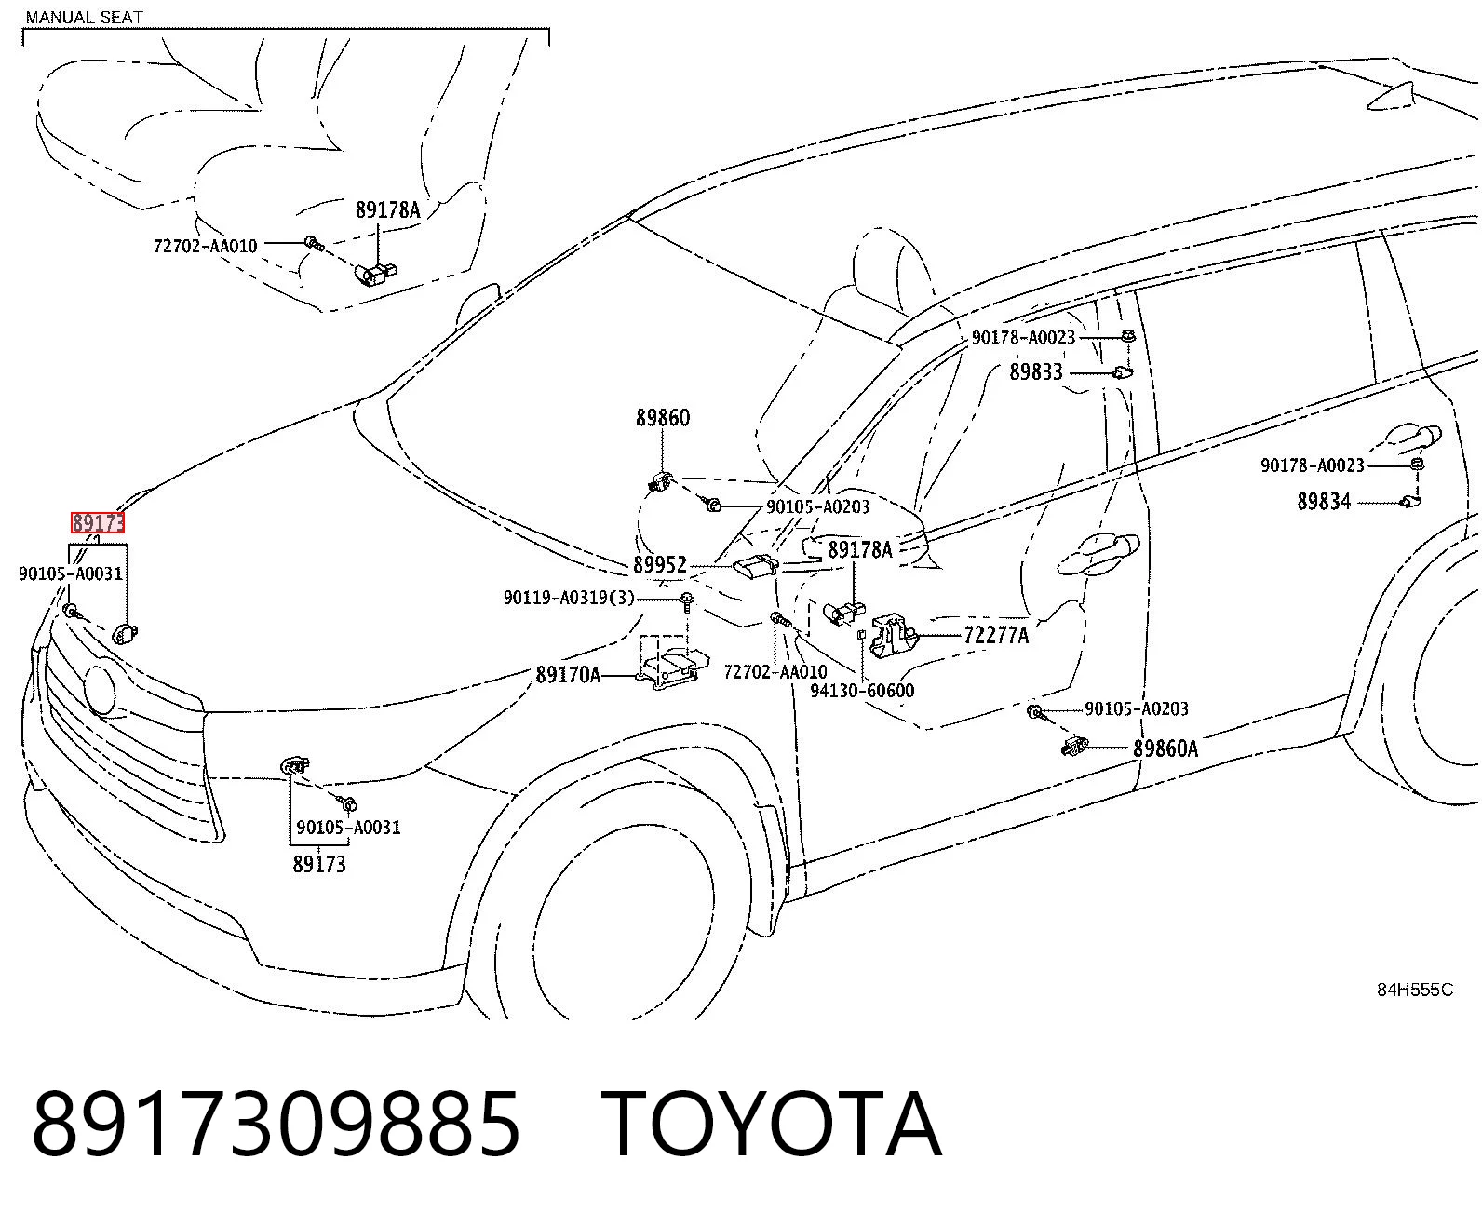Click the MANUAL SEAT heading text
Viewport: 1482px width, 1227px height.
84,17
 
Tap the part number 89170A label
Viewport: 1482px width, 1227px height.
568,674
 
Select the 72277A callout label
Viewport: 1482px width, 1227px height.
996,634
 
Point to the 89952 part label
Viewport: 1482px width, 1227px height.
660,565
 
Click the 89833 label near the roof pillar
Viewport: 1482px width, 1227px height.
1036,372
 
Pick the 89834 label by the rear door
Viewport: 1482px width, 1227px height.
1324,502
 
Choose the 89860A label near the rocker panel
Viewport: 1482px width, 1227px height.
1165,748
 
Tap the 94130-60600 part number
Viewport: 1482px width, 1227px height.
862,690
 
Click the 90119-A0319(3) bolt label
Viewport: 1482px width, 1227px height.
569,598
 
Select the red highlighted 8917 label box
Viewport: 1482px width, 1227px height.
97,522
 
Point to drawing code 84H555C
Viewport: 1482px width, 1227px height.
1415,990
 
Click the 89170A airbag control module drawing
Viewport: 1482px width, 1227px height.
669,669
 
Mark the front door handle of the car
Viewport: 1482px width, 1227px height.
1098,555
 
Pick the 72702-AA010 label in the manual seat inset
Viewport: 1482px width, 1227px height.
205,247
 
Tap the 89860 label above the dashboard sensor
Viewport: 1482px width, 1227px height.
662,418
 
